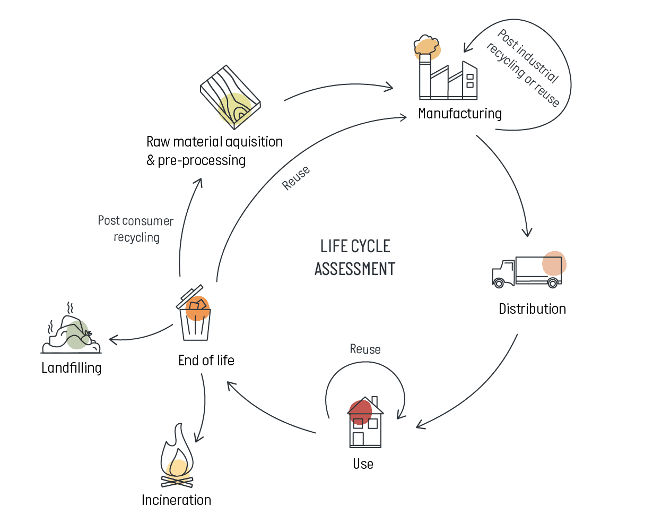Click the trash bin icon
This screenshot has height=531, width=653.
point(194,319)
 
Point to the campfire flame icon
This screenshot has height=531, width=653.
point(177,458)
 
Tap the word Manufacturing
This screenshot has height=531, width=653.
point(459,114)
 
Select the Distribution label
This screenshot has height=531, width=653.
point(532,309)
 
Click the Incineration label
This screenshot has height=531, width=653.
point(176,500)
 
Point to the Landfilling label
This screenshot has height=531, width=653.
point(71,367)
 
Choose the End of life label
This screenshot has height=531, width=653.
point(206,361)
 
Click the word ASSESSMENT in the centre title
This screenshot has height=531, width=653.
point(355,269)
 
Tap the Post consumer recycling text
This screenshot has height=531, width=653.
point(136,229)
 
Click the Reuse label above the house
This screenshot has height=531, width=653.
point(365,349)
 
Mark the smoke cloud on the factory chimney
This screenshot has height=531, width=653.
point(428,45)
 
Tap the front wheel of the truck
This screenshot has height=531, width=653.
point(499,282)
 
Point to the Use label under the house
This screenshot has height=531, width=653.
point(363,464)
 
